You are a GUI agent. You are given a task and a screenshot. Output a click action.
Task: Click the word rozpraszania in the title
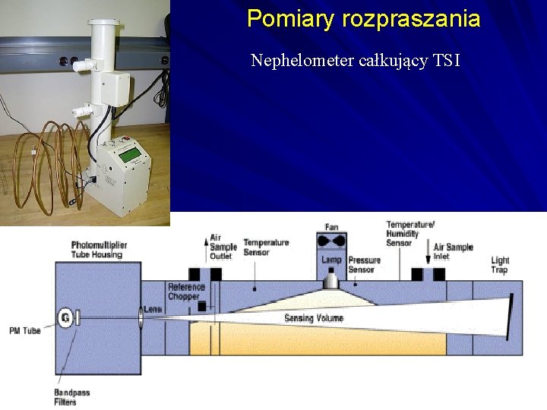coord(411,18)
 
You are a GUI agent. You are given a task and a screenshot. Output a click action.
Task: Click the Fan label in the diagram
coord(331,226)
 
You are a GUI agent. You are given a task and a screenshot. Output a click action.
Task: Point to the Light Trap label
coord(500,265)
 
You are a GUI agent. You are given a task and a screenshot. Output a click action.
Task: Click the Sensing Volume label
coord(314,318)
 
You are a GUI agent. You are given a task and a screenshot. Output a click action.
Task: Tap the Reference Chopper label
coord(186,292)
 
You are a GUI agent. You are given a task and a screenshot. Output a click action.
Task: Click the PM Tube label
coord(25,330)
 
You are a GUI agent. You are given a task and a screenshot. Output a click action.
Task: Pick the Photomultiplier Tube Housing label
coord(99,250)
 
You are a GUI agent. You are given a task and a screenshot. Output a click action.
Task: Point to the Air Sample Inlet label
coord(453,251)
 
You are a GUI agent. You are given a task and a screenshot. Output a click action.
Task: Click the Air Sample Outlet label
coord(222,247)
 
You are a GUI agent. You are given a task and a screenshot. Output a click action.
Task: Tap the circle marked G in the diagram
coord(65,317)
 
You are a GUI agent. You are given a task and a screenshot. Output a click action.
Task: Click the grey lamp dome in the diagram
coord(331,281)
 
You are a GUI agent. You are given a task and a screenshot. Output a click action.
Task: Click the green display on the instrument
coord(131,155)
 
